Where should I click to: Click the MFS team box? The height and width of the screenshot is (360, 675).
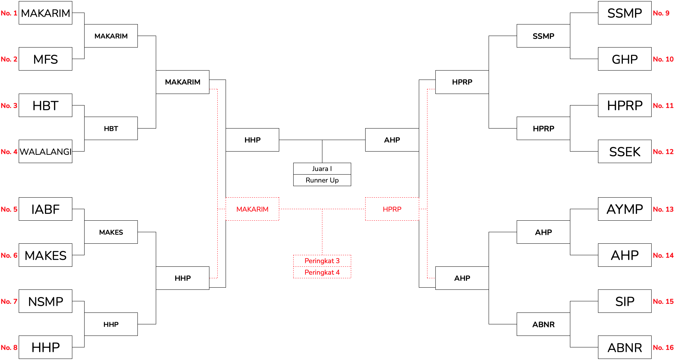[45, 59]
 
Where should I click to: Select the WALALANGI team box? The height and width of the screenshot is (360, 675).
[45, 152]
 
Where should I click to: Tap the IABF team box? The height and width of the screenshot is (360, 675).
[45, 209]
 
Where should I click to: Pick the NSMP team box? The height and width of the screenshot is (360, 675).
[45, 301]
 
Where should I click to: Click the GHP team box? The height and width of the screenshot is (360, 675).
[625, 59]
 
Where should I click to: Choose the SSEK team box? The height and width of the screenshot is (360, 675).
[625, 152]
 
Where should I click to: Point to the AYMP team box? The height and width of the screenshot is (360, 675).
[625, 209]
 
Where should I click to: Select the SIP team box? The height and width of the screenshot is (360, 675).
[625, 301]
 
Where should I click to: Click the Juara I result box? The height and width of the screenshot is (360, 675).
[322, 168]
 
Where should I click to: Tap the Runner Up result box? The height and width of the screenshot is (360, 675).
[322, 180]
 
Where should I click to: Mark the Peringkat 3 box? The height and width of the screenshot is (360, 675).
[322, 261]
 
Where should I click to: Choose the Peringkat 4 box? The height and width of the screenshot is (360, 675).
[322, 273]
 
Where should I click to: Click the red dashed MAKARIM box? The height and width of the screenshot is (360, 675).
[252, 209]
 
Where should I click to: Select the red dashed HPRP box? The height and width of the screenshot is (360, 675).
[392, 209]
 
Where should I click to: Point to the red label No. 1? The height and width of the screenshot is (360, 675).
[9, 13]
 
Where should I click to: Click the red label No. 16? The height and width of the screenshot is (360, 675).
[663, 347]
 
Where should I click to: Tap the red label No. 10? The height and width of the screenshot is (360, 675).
[663, 59]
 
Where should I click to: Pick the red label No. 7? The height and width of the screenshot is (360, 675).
[9, 301]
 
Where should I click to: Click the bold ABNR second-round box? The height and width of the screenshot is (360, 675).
[543, 324]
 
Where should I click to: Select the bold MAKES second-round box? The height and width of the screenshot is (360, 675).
[111, 232]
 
